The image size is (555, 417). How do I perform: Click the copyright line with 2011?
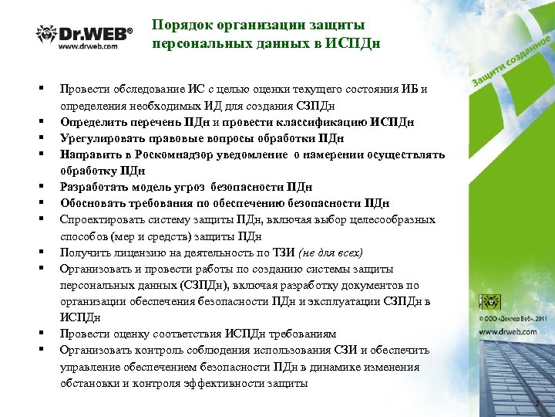(515, 317)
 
